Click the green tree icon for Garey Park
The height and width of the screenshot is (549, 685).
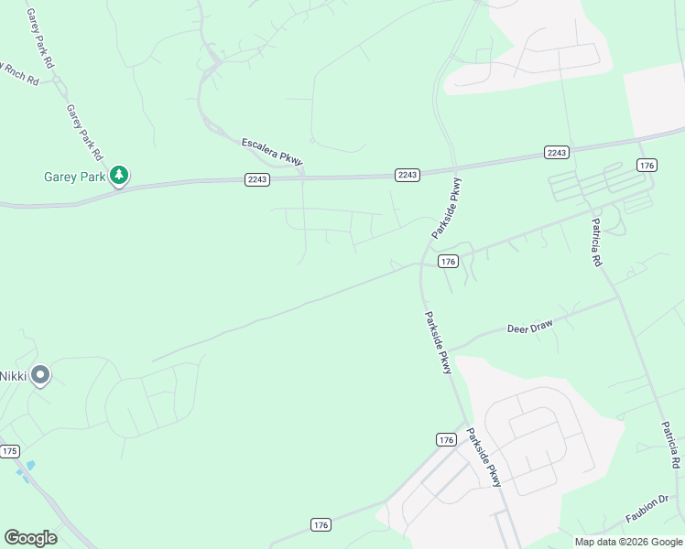point(118,175)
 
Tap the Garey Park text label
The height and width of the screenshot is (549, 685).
point(74,177)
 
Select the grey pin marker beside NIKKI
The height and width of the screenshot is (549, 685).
point(39,375)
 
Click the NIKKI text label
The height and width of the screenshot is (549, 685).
point(13,375)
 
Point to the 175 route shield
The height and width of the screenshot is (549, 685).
point(10,451)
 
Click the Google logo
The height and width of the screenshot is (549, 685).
point(30,538)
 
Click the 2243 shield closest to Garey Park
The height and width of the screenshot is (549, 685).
point(257,179)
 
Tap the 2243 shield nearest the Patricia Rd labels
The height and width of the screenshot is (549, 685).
point(556,152)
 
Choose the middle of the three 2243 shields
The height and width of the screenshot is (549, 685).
point(408,174)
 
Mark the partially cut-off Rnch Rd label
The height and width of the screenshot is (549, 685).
point(18,72)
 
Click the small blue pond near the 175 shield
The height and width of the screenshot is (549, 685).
point(30,466)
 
